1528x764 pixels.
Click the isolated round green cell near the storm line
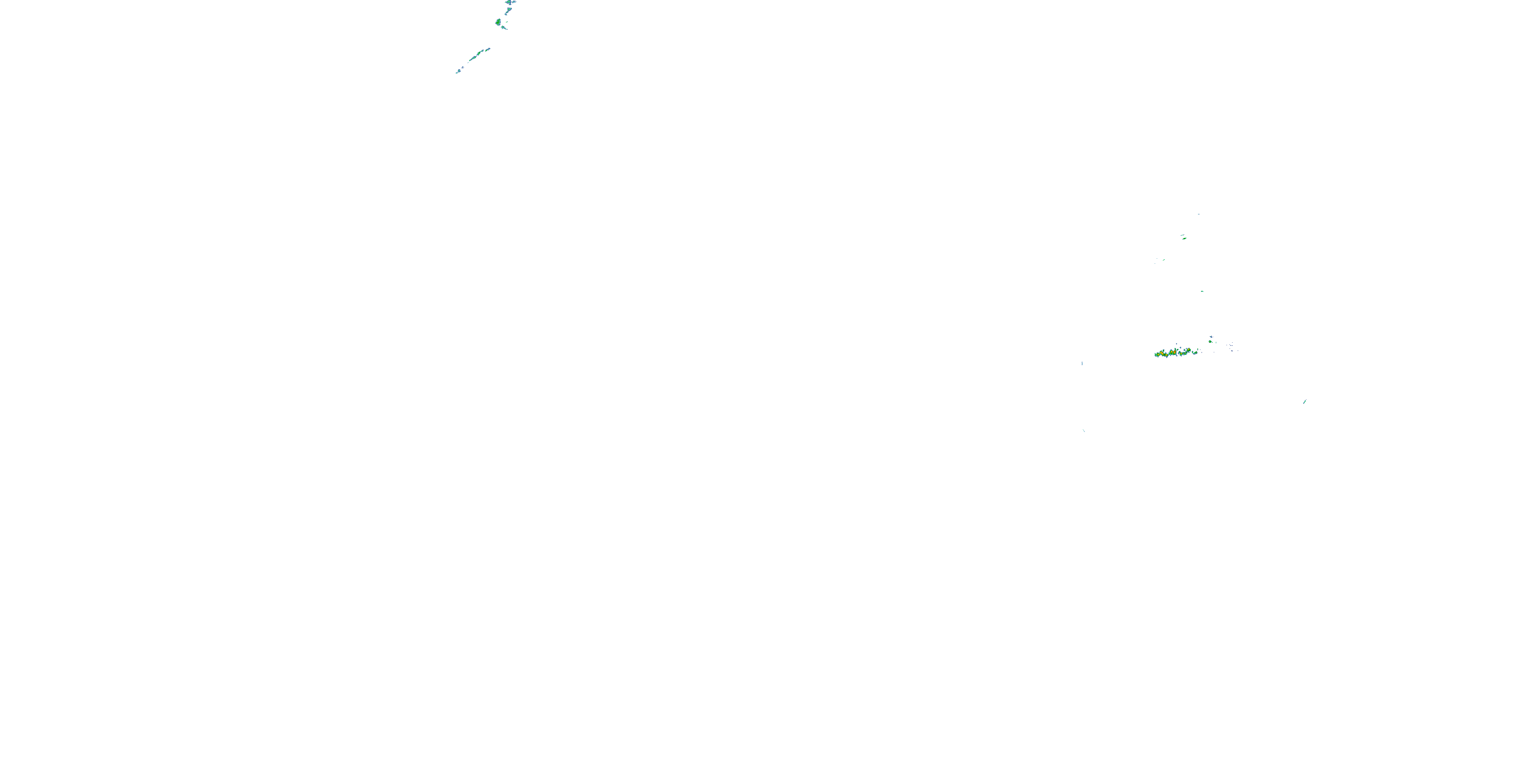1211,342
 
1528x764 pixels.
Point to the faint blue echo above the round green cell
1211,337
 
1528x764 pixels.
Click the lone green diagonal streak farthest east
1305,401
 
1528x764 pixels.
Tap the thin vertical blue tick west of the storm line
1082,363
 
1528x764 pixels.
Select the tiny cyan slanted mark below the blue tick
1084,430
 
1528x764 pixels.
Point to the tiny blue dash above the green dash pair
1199,214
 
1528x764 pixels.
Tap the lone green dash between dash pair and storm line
1203,291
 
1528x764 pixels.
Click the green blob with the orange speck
498,22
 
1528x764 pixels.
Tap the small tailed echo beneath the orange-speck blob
504,28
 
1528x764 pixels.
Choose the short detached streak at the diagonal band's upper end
488,49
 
